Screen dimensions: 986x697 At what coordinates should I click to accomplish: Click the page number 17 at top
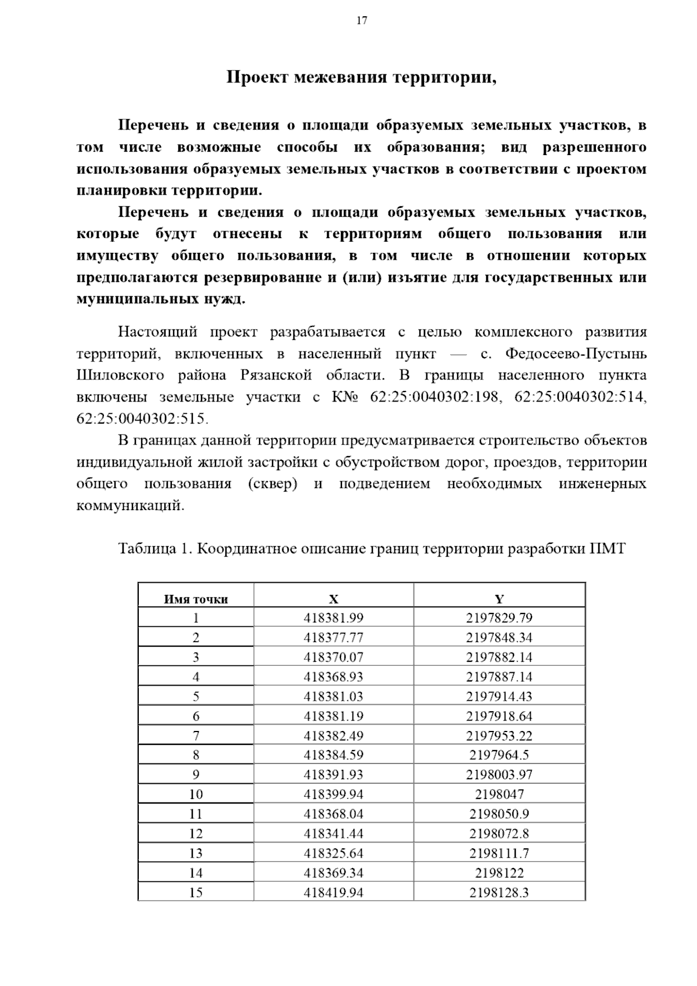click(361, 21)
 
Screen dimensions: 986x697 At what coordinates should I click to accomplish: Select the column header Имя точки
click(196, 599)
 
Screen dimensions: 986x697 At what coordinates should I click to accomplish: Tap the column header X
click(333, 599)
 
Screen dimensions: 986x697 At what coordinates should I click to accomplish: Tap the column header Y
click(499, 599)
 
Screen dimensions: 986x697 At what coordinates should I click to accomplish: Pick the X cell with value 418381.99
click(333, 618)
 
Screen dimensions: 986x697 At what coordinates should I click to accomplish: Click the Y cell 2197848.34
click(499, 638)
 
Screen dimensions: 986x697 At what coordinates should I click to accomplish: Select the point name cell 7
click(196, 736)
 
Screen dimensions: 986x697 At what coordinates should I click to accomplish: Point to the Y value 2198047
click(499, 794)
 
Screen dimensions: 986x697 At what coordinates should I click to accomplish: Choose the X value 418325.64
click(333, 853)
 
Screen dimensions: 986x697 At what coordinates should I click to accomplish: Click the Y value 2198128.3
click(499, 892)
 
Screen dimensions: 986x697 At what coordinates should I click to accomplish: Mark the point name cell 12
click(196, 834)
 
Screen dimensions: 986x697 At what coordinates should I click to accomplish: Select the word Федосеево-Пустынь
click(576, 354)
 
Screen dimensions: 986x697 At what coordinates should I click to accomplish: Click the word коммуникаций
click(130, 505)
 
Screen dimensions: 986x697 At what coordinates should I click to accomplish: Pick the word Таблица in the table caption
click(143, 548)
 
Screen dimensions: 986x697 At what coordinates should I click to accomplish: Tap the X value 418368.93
click(333, 677)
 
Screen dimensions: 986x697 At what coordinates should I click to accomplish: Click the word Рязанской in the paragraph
click(276, 375)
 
